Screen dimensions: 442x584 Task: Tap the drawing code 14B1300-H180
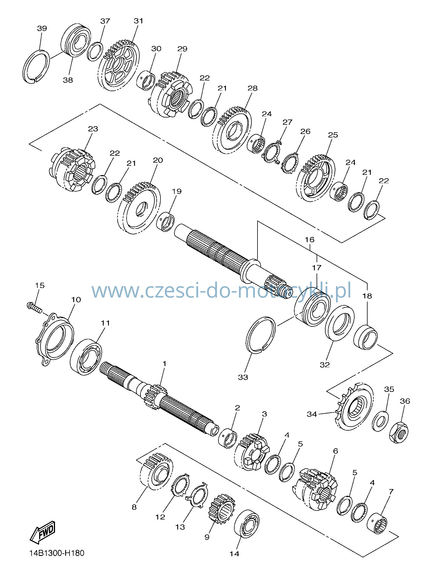click(57, 553)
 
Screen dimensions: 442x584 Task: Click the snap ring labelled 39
click(35, 67)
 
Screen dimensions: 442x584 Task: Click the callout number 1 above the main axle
click(164, 363)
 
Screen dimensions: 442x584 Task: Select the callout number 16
click(309, 240)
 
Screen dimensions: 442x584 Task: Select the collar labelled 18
click(366, 337)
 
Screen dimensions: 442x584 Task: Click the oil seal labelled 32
click(339, 323)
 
